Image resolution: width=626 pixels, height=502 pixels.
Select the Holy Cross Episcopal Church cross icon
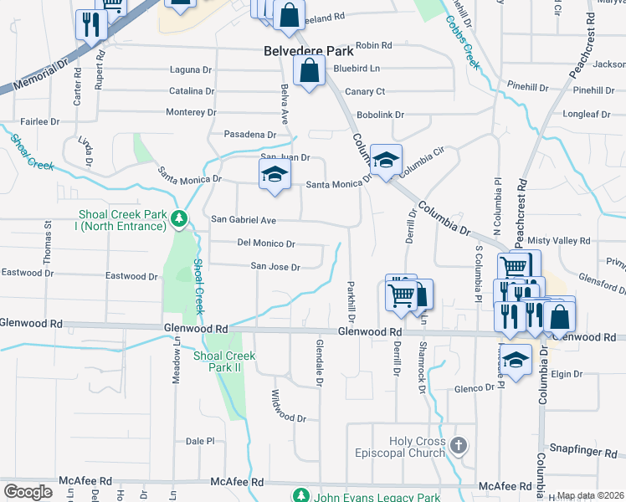click(x=458, y=446)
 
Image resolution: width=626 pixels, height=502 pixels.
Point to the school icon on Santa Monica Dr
click(x=274, y=176)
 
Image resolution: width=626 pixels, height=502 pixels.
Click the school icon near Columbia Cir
click(x=386, y=161)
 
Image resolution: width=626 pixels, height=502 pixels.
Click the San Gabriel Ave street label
click(x=243, y=219)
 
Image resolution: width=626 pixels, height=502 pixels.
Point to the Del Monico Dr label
click(x=266, y=243)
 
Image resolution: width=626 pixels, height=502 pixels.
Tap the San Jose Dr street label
click(x=275, y=267)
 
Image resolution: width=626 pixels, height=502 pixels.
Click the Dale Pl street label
click(x=200, y=441)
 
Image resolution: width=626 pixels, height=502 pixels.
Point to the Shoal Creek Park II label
click(x=223, y=361)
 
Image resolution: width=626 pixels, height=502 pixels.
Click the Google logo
click(x=28, y=492)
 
